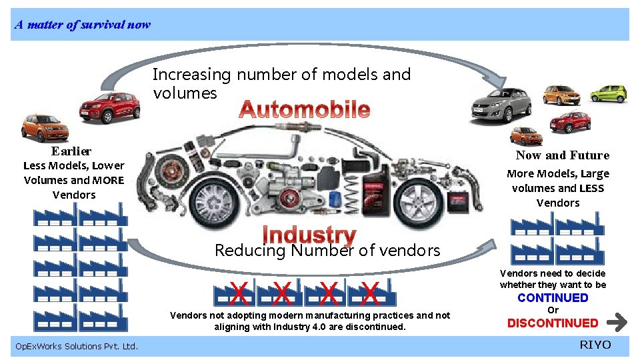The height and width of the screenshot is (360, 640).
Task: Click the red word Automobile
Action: tap(305, 109)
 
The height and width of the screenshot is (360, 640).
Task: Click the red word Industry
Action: tap(309, 235)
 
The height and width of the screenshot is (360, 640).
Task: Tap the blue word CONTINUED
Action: tap(553, 298)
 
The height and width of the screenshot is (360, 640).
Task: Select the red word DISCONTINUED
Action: tap(553, 323)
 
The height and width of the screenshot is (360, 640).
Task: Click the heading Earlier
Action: tap(71, 151)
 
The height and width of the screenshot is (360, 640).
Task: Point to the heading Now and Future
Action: tap(562, 155)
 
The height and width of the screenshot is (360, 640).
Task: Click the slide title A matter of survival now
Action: tap(83, 25)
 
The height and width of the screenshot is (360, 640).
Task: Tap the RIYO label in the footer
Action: tap(595, 345)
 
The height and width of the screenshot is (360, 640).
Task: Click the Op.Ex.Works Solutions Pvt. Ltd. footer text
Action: tap(76, 346)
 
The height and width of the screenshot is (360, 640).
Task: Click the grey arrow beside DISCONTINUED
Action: tap(618, 323)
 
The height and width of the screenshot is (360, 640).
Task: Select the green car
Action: tap(609, 93)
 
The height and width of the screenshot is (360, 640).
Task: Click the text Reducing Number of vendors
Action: tap(327, 251)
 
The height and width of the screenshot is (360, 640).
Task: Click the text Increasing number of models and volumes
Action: tap(281, 83)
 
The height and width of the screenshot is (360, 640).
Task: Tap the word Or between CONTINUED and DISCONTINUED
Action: tap(553, 310)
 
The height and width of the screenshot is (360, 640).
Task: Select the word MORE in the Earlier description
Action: tap(108, 180)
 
